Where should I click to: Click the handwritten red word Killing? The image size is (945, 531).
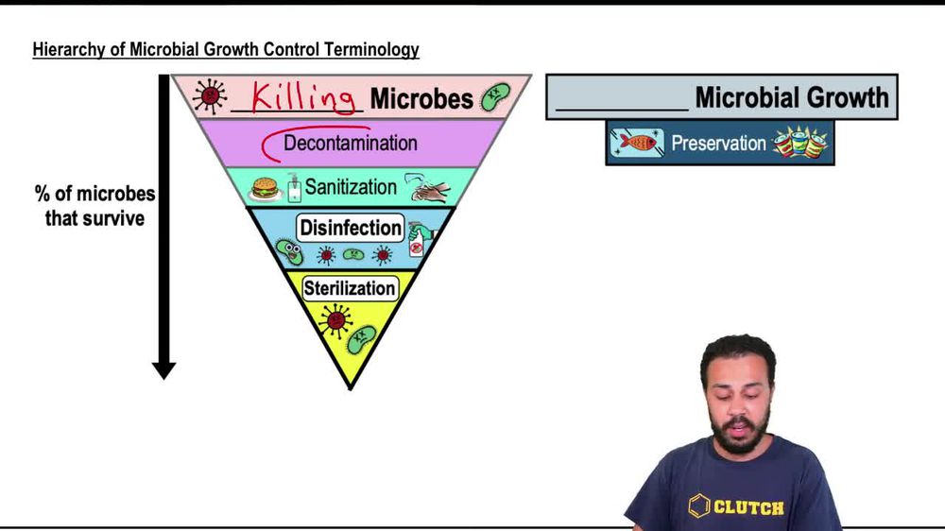(303, 97)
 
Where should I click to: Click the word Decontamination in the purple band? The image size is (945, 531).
(351, 143)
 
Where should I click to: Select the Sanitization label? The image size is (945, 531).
(351, 187)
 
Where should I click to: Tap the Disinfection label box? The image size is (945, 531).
(351, 228)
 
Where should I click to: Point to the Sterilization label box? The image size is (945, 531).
(350, 288)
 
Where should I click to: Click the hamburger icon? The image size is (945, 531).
(265, 188)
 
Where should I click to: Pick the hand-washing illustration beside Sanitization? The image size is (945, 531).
(427, 187)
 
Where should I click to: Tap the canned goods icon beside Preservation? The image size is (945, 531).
(800, 143)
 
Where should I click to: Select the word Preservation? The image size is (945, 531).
(718, 144)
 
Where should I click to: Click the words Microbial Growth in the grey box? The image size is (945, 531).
(792, 97)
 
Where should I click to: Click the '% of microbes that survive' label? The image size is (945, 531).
(94, 206)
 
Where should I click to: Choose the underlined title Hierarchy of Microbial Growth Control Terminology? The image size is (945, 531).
(226, 49)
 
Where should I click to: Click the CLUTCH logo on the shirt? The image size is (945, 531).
(736, 506)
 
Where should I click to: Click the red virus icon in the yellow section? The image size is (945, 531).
(335, 320)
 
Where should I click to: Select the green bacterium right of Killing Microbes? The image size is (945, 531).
(495, 96)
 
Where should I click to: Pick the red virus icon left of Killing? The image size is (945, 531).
(210, 95)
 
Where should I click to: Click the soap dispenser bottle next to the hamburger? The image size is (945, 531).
(294, 187)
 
